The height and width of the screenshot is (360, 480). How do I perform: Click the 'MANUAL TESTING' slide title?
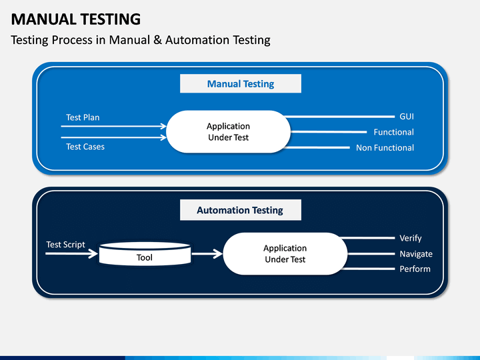coord(75,19)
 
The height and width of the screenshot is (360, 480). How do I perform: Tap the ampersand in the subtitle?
coord(157,40)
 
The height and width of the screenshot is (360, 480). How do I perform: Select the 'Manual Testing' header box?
coord(241,83)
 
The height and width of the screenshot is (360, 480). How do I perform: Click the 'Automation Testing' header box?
coord(241,210)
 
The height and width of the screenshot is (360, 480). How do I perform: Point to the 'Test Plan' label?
coord(83,117)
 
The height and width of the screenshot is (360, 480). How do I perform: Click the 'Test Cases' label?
coord(85,147)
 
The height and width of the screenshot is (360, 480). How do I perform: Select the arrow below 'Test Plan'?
coord(113,126)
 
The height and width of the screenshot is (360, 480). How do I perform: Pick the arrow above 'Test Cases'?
coord(113,137)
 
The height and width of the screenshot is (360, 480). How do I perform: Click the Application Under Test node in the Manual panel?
coord(229,131)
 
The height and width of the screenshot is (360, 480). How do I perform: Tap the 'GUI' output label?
coord(407,117)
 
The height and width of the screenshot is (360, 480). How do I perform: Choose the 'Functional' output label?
coord(394,132)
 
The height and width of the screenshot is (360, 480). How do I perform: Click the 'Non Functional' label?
coord(385,148)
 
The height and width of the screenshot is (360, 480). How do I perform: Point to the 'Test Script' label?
coord(65,245)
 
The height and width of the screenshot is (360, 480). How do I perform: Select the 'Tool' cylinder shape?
coord(145,254)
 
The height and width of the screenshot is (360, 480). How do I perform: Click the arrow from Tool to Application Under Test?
coord(207,254)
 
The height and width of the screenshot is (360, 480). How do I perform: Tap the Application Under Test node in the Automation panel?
coord(285,254)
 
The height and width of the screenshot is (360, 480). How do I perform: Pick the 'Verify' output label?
coord(411,238)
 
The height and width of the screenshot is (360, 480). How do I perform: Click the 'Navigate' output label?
coord(416,254)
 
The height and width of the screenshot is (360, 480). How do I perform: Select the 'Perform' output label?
coord(415,269)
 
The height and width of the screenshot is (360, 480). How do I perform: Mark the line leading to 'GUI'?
coord(339,117)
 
